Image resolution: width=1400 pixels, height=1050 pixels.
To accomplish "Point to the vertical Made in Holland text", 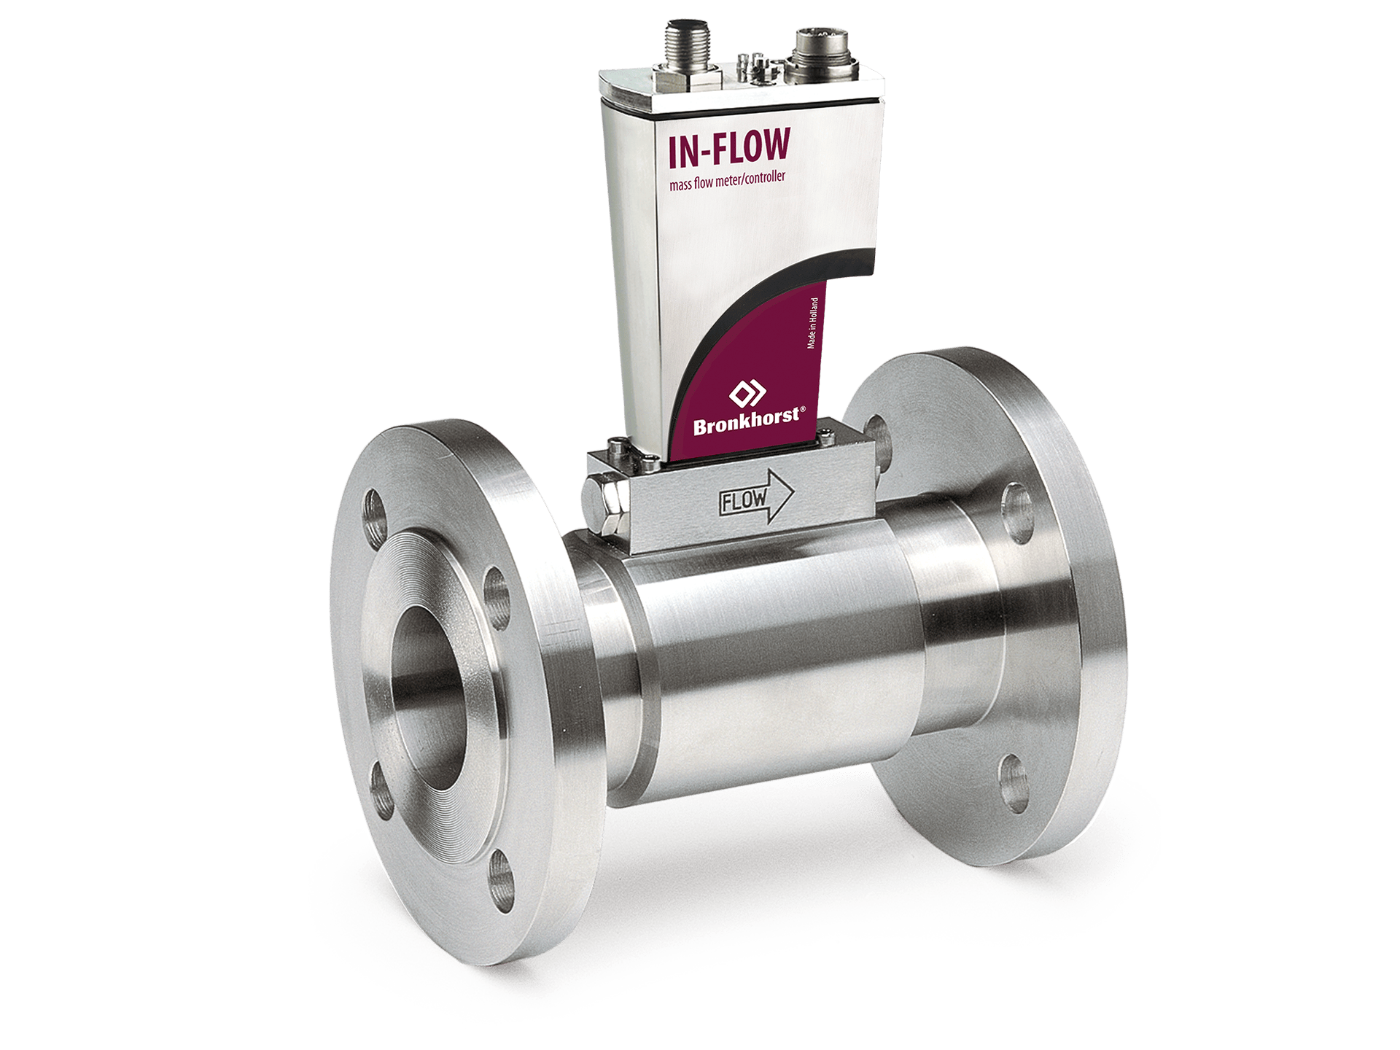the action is point(812,323).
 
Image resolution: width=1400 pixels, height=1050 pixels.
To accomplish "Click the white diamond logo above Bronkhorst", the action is point(747,394).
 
